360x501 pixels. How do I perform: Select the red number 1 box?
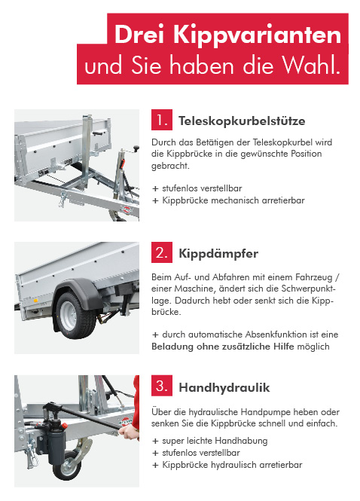point(162,120)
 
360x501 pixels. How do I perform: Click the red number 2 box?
point(162,252)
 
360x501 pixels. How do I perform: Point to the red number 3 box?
point(162,386)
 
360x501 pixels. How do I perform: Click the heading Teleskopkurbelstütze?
point(242,121)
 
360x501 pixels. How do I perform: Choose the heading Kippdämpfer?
point(218,254)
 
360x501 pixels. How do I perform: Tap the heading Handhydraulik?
point(224,387)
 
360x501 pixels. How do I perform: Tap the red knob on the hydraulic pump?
point(64,426)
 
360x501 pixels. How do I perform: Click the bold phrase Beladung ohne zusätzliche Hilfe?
point(223,347)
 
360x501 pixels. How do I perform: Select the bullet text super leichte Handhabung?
point(215,441)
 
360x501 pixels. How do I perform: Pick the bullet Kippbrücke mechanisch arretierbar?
point(233,200)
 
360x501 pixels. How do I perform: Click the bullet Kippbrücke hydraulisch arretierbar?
point(232,465)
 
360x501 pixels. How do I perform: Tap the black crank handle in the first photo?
point(136,148)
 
